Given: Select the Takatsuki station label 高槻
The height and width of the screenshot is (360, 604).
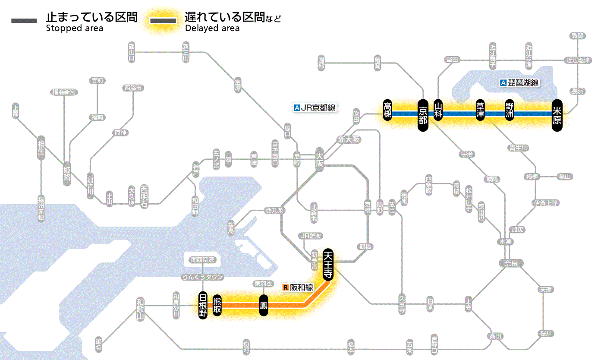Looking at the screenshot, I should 388,111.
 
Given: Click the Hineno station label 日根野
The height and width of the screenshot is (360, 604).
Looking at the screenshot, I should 203,305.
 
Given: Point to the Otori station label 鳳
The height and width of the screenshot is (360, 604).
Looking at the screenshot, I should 264,306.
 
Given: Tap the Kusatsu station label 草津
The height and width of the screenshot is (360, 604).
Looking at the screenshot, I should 480,111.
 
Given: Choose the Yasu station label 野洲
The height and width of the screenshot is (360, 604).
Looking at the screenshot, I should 510,111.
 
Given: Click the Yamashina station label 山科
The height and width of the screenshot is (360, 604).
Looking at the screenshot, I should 438,111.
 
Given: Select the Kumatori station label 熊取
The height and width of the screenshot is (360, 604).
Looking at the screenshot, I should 217,305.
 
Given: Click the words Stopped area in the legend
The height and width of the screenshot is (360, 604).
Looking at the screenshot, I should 75,28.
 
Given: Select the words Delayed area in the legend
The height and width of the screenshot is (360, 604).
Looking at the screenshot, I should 212,28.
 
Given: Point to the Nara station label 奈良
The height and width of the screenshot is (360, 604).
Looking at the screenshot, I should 511,263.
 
